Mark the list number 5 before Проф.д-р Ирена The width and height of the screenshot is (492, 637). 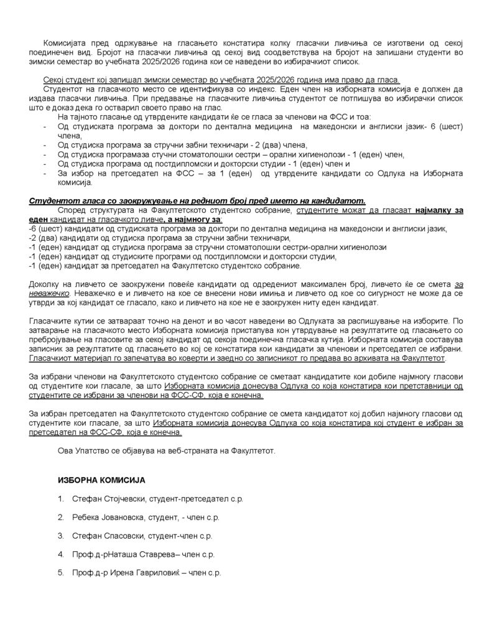pyautogui.click(x=60, y=572)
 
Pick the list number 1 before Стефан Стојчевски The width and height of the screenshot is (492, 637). pyautogui.click(x=60, y=499)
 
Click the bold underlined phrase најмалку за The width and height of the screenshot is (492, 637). pyautogui.click(x=439, y=210)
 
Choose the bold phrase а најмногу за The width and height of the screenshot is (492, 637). pyautogui.click(x=194, y=220)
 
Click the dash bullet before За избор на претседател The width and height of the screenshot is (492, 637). pyautogui.click(x=44, y=172)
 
